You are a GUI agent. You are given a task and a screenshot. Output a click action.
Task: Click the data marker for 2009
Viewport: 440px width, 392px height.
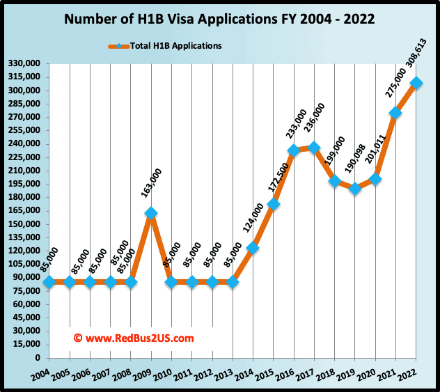151,213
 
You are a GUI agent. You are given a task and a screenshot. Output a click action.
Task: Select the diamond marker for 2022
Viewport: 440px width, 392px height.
416,83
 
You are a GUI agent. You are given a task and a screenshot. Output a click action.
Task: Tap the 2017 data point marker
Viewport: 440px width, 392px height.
314,148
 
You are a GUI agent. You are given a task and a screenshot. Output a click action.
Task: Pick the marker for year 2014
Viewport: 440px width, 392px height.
253,248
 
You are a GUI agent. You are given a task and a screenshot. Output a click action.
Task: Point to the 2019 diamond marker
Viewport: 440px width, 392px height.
355,189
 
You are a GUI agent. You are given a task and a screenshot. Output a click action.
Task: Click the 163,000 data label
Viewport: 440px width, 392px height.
155,185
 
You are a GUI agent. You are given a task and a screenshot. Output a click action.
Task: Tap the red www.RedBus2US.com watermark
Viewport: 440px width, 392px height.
134,338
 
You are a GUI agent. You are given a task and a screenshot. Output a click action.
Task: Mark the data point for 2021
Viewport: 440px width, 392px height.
395,113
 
